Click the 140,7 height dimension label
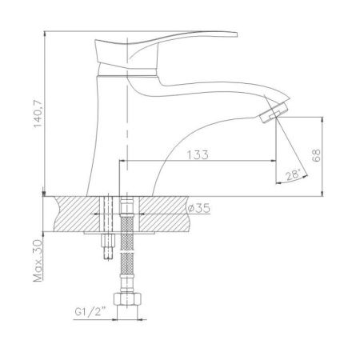click(38, 114)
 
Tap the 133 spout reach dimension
click(198, 154)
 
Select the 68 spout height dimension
click(316, 155)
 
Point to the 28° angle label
click(293, 174)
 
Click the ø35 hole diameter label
click(198, 208)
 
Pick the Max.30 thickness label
click(38, 261)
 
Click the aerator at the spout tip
click(274, 113)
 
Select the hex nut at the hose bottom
click(127, 299)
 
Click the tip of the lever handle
click(237, 34)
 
